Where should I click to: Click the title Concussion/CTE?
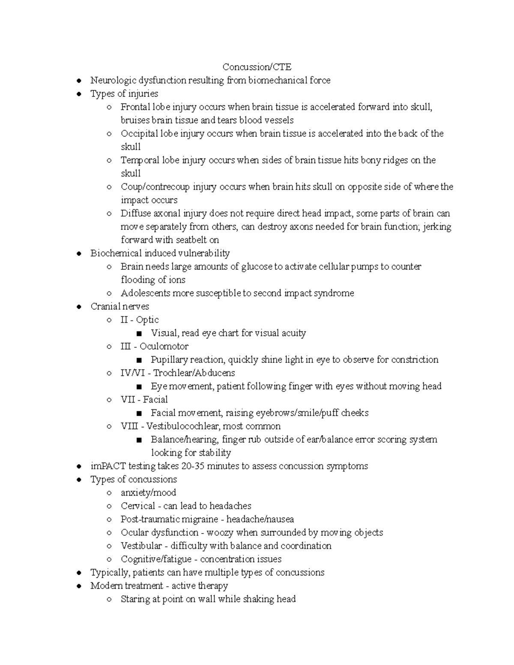[x=257, y=67]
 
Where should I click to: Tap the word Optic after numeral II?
[x=147, y=320]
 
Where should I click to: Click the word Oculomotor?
[x=164, y=346]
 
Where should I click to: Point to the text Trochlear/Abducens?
[x=194, y=373]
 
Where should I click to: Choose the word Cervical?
[x=138, y=506]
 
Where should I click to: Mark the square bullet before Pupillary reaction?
[x=139, y=360]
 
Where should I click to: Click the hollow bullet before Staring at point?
[x=109, y=599]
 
